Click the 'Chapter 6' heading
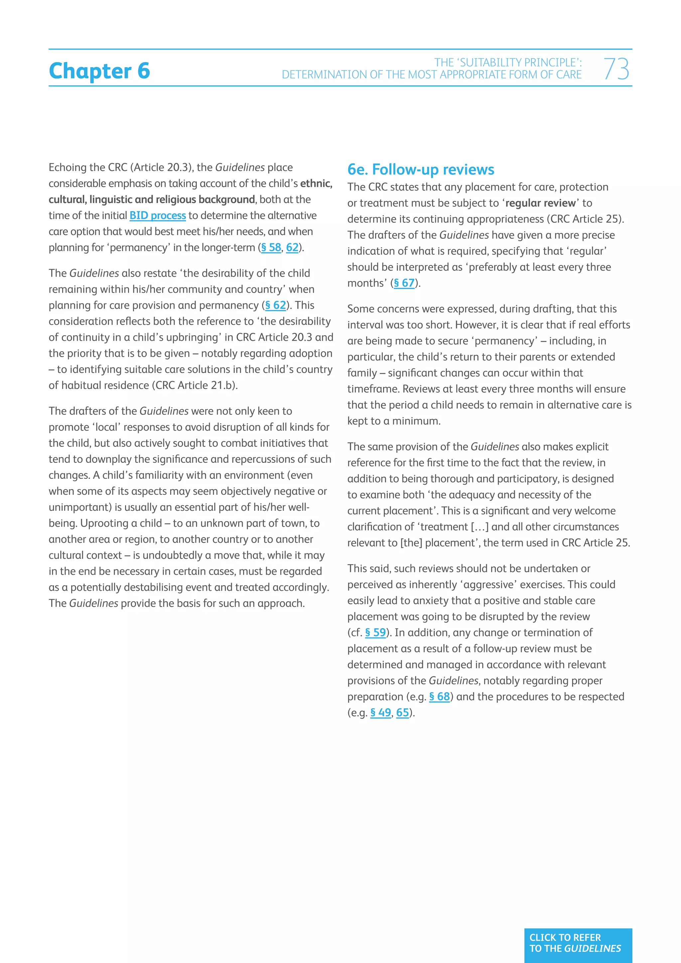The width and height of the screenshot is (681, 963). [99, 70]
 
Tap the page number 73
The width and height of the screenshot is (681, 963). [616, 69]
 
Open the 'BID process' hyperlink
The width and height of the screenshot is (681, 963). [157, 215]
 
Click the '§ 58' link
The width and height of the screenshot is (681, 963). [271, 247]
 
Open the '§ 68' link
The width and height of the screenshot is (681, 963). [439, 697]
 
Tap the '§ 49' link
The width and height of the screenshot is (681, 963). [380, 713]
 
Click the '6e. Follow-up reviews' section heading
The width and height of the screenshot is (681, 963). [421, 170]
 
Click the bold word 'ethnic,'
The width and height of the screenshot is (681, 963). [316, 183]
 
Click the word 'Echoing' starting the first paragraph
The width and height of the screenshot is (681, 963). [67, 167]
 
